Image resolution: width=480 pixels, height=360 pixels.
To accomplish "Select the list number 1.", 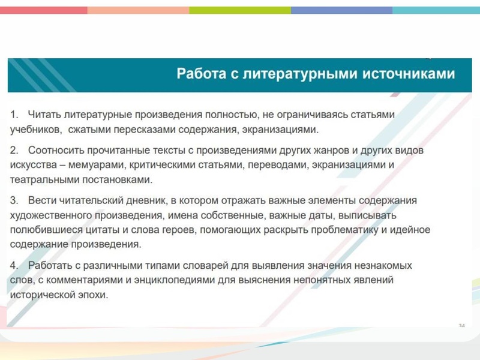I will click(x=14, y=114).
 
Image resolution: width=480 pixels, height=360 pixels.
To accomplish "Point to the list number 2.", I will click(x=14, y=151).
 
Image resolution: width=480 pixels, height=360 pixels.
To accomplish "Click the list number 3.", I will click(x=14, y=200).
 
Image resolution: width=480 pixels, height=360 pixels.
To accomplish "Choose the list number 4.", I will click(x=14, y=265).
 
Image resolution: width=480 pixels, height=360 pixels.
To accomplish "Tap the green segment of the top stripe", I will click(x=240, y=10).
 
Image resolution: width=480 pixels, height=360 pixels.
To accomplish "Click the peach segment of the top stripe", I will click(x=138, y=10).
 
